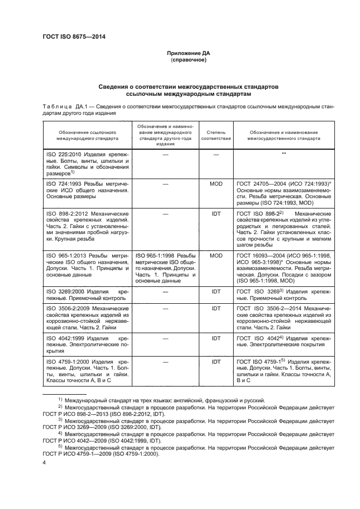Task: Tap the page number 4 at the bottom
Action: point(44,462)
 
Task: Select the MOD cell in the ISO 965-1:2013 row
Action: point(216,255)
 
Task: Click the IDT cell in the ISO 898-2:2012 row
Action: point(216,214)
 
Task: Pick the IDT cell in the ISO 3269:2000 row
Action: point(216,292)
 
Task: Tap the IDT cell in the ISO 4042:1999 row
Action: point(216,338)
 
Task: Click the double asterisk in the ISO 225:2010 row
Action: point(284,154)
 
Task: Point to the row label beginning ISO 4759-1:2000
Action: point(71,361)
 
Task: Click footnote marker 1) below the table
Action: point(61,400)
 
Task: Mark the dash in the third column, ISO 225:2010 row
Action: point(216,154)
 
